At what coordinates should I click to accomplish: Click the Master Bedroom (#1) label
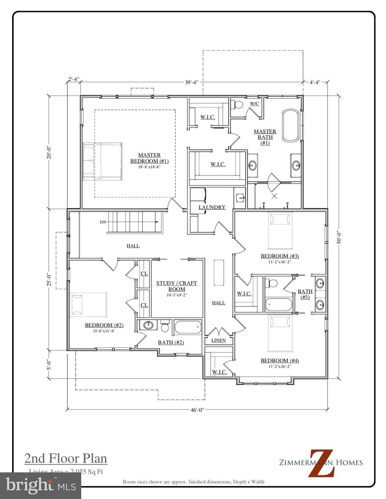[149, 158]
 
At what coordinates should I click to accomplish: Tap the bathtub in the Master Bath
[290, 125]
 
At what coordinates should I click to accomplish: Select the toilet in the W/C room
[238, 105]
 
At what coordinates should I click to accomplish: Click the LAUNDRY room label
[212, 207]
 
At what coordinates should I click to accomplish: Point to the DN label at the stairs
[103, 222]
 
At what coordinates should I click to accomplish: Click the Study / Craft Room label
[176, 286]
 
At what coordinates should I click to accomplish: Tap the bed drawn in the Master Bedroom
[102, 161]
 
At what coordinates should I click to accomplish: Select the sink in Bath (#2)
[148, 325]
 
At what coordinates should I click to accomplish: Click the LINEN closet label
[218, 340]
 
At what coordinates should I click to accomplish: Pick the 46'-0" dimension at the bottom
[197, 410]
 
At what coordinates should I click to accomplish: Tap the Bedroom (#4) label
[280, 361]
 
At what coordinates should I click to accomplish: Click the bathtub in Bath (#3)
[279, 305]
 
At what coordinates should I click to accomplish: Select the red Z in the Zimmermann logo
[321, 463]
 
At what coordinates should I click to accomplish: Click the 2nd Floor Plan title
[66, 458]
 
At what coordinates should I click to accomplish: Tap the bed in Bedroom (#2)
[88, 304]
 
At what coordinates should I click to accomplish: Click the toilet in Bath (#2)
[165, 326]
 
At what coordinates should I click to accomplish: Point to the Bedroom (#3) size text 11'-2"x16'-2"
[280, 262]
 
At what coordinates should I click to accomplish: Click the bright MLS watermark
[41, 486]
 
